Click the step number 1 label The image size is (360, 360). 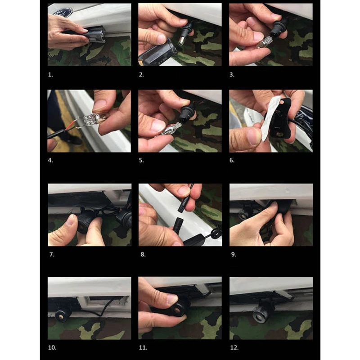pyautogui.click(x=50, y=75)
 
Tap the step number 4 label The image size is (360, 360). pyautogui.click(x=50, y=160)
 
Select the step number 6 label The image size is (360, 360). pyautogui.click(x=232, y=160)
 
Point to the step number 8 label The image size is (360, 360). pyautogui.click(x=143, y=254)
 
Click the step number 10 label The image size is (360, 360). pyautogui.click(x=52, y=347)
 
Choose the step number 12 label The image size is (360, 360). pyautogui.click(x=234, y=347)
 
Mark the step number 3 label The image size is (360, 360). pyautogui.click(x=232, y=75)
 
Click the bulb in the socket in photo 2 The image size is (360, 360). pyautogui.click(x=181, y=40)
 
